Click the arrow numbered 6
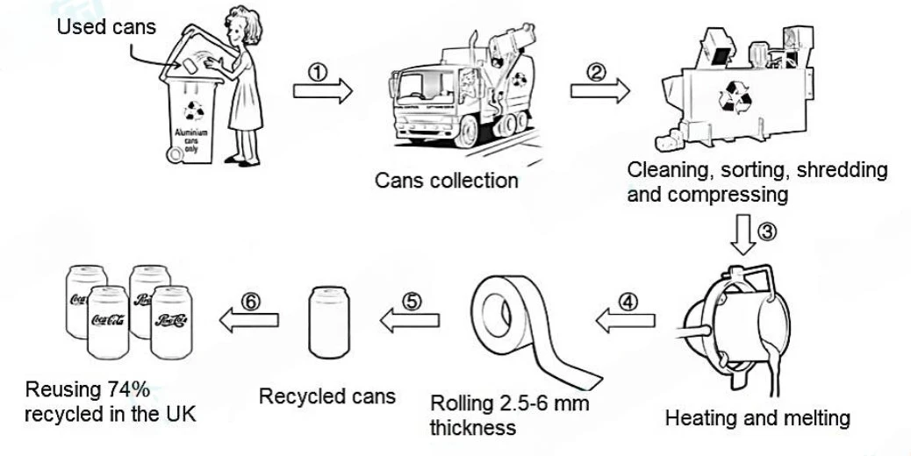(248, 320)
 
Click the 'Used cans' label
(106, 26)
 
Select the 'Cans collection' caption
(446, 181)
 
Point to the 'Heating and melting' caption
(757, 417)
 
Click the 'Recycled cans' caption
(326, 396)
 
